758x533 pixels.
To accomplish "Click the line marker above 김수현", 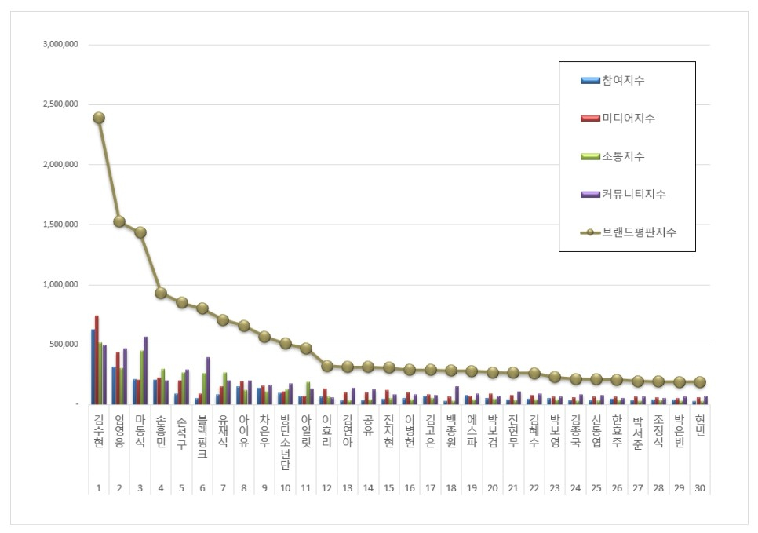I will [99, 118].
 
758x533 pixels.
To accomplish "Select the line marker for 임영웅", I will [119, 221].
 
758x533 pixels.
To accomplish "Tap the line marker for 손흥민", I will [161, 293].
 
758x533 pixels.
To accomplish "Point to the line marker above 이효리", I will [327, 366].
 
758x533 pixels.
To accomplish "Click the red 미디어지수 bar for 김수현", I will [97, 360].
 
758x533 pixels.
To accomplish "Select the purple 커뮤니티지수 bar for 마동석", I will [145, 370].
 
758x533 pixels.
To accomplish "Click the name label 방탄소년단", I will [286, 440].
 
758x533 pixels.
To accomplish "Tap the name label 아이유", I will [244, 429].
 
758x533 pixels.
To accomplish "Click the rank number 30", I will [700, 487].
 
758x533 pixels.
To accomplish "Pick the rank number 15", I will [389, 487].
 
